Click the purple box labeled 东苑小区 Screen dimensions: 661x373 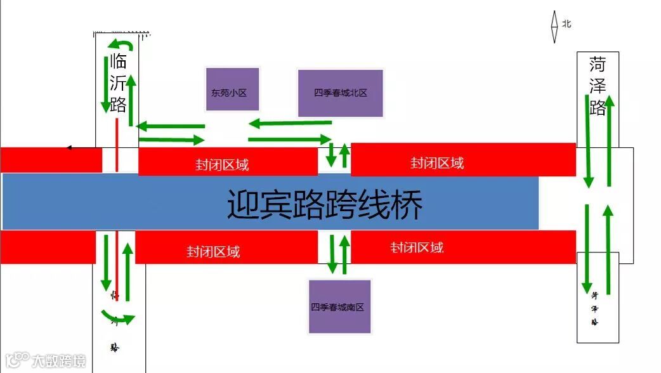tap(232, 93)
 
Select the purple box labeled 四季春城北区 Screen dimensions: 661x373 tap(340, 93)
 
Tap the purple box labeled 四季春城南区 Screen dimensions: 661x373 tap(339, 307)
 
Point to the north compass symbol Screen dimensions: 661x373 tap(554, 27)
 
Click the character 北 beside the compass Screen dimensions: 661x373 tap(566, 24)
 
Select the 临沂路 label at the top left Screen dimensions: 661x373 tap(118, 83)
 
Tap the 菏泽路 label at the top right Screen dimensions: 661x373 tap(598, 86)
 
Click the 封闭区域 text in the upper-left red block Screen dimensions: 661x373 tap(222, 165)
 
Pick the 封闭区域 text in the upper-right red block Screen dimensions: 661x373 tap(437, 163)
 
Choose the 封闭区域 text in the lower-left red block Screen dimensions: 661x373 tap(213, 252)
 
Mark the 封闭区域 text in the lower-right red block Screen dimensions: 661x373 tap(417, 247)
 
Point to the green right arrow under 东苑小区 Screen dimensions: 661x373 tap(171, 139)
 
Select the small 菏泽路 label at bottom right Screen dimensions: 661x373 tap(595, 307)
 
